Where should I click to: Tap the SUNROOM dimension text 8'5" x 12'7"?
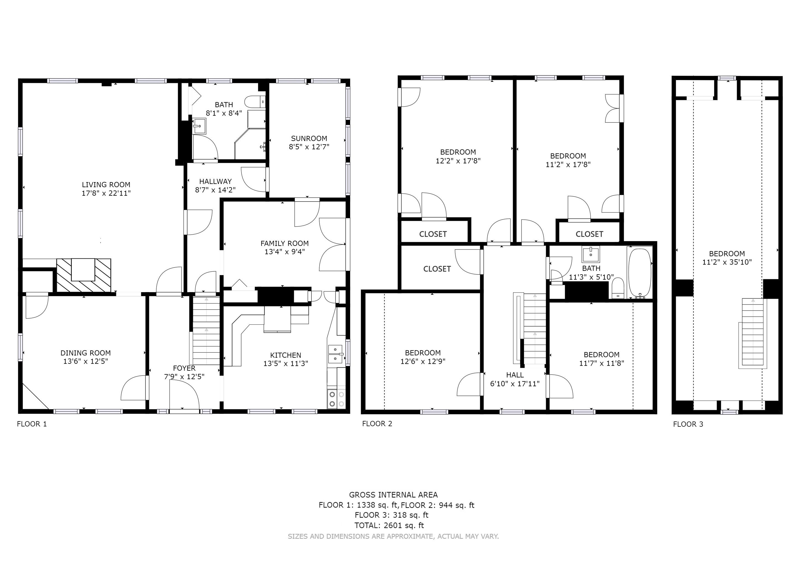tap(309, 147)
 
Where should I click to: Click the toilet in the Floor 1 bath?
tap(254, 102)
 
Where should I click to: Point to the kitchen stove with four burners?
tap(336, 399)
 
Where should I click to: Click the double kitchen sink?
tap(335, 353)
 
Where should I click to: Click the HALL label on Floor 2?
tap(515, 375)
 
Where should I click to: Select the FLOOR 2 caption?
tap(377, 423)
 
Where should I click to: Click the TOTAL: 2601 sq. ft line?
tap(389, 525)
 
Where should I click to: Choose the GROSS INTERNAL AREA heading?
tap(393, 494)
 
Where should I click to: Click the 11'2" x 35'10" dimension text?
tap(727, 262)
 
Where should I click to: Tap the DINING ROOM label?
tap(85, 353)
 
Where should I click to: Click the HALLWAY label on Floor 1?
tap(215, 181)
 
